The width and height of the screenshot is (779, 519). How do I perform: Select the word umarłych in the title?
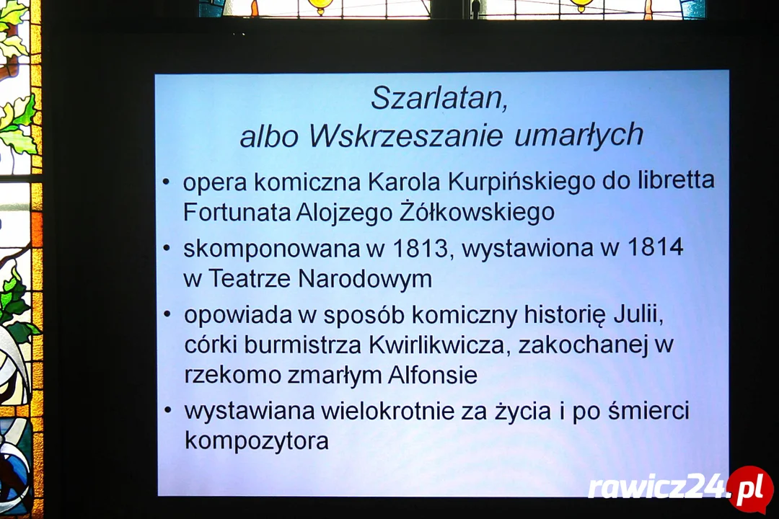[x=578, y=134]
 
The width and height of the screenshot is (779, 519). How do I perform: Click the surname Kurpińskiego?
[x=521, y=182]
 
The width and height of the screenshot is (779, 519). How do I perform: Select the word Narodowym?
[x=365, y=279]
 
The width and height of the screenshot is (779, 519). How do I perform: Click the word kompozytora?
[x=256, y=441]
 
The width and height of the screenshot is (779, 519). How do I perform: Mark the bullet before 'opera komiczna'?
[x=167, y=182]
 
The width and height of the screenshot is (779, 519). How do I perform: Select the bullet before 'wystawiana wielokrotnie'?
[x=168, y=410]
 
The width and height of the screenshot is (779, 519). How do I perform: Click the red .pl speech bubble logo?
[x=750, y=489]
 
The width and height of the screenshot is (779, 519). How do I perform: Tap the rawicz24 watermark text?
[x=657, y=489]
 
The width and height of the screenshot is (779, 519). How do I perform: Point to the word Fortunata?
[x=237, y=212]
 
